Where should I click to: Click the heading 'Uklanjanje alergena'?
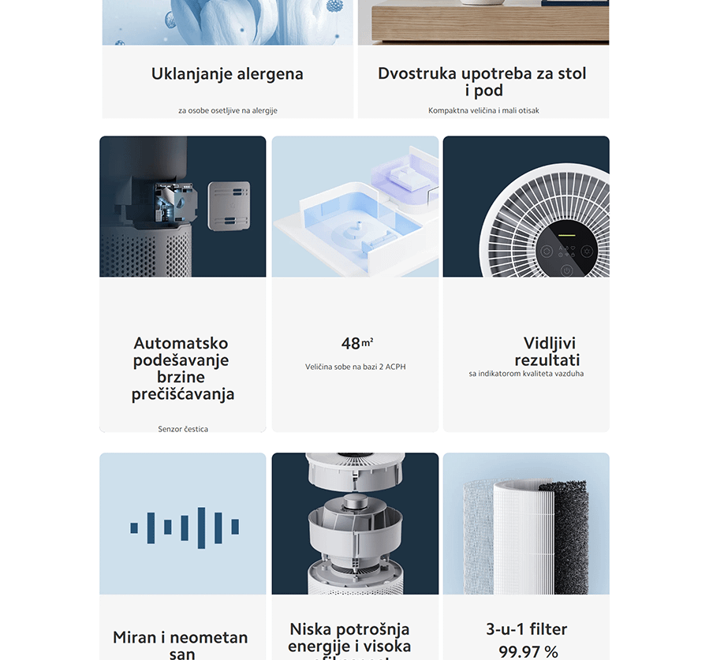tap(227, 74)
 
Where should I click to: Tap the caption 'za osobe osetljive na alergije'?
tap(227, 110)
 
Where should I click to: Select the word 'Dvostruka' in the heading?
tap(416, 74)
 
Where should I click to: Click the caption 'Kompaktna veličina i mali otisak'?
tap(483, 110)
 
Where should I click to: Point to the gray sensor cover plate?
tap(229, 205)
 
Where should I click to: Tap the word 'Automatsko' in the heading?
tap(181, 344)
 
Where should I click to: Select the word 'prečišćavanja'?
tap(183, 394)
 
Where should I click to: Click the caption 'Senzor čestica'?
tap(183, 429)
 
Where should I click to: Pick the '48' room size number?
tap(351, 344)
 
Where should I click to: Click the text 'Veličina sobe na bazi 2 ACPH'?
tap(355, 367)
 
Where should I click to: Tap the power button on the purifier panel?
tap(566, 271)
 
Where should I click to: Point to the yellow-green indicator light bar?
tap(565, 235)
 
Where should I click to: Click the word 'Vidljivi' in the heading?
tap(550, 344)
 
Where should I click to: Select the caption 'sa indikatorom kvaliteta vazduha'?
tap(526, 373)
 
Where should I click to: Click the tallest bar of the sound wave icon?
tap(201, 528)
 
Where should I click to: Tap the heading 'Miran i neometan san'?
tap(181, 644)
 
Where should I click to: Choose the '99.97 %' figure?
tap(528, 651)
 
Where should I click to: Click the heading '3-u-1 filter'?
tap(526, 629)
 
